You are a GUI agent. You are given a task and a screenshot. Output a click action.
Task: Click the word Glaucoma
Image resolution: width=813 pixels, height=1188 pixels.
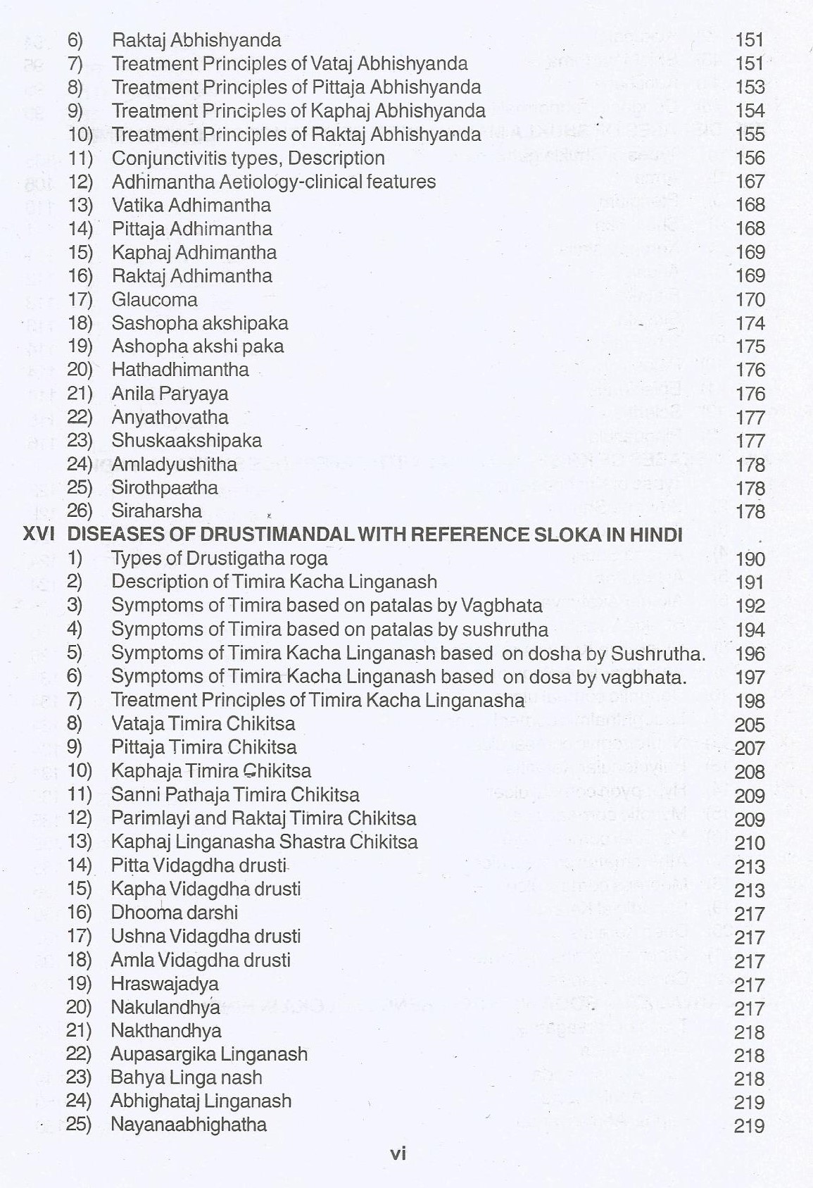tap(154, 299)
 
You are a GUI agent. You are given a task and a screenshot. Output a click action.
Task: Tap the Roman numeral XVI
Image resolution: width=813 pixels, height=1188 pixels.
tap(39, 534)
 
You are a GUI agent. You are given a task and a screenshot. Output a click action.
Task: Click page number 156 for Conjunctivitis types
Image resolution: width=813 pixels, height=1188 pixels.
tap(750, 158)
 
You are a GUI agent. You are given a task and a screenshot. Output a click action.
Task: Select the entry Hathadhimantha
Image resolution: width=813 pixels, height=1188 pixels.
tap(179, 370)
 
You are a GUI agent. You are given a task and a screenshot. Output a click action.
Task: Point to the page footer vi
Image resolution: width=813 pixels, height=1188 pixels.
tap(398, 1153)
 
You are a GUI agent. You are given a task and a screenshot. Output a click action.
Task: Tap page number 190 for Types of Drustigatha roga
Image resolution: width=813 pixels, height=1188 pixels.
tap(750, 559)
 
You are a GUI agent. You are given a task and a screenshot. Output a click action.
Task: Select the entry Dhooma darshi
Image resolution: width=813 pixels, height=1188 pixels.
tap(174, 913)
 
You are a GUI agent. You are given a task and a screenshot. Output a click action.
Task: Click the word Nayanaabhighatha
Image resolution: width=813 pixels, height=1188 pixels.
tap(189, 1124)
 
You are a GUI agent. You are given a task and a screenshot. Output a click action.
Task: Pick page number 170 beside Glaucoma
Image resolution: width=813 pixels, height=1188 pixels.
tap(750, 300)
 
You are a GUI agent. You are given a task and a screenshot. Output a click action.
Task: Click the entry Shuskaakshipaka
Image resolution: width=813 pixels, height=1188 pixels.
tap(187, 441)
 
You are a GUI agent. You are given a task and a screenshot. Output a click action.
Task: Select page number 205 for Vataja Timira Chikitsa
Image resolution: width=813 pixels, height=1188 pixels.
tap(750, 725)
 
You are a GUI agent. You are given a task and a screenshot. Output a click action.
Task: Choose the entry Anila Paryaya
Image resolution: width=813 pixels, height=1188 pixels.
tap(170, 394)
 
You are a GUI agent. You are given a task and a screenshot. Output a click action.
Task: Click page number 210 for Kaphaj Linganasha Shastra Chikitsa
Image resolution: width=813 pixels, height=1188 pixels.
tap(750, 843)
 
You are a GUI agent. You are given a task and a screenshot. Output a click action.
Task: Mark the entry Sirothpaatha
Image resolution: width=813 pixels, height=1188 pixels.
tap(165, 487)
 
